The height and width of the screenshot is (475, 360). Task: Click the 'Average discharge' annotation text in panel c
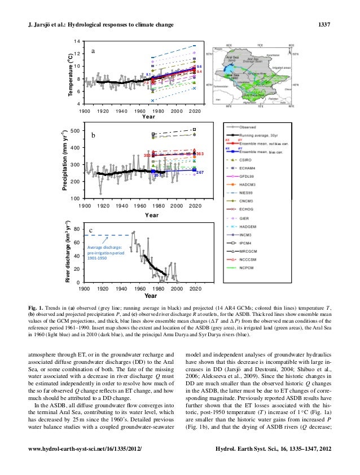(104, 248)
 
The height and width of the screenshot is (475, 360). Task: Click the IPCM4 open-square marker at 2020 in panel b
(195, 130)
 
